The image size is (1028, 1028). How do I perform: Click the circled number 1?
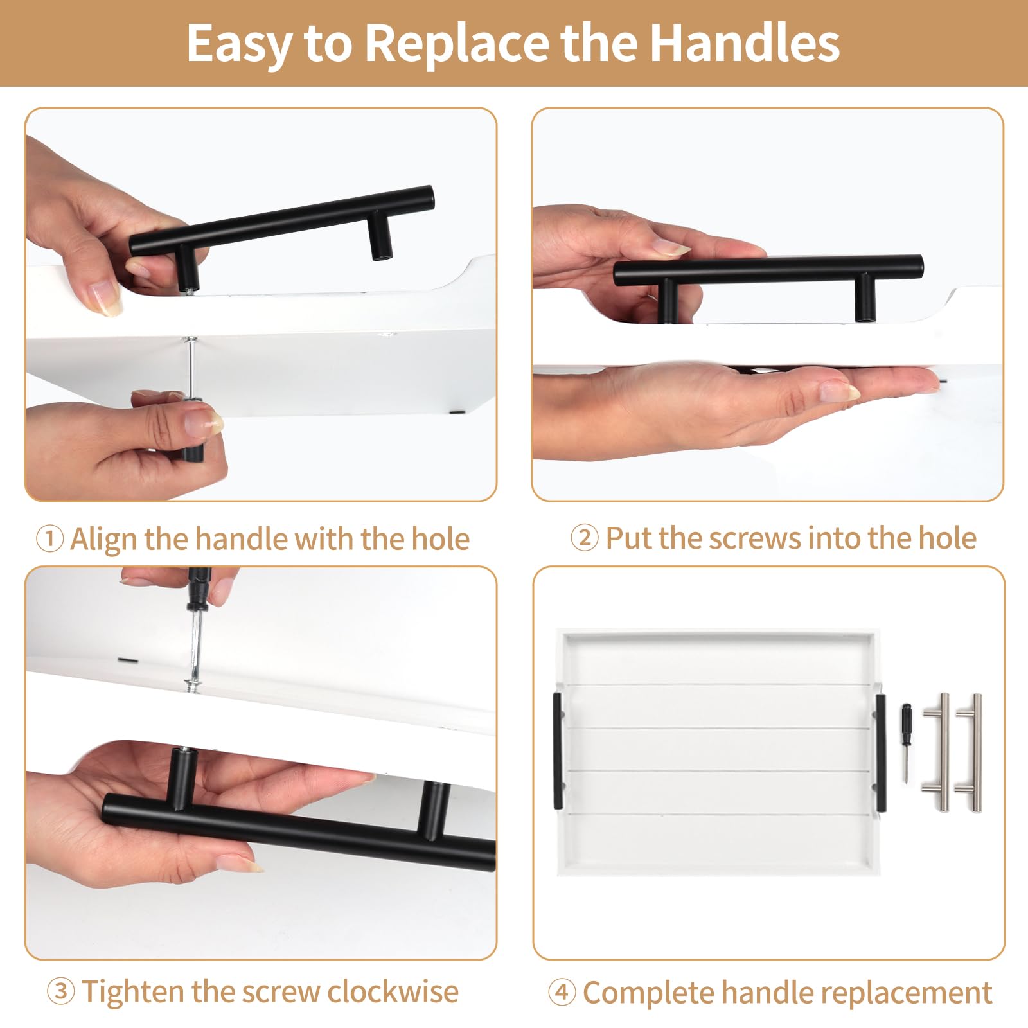[49, 538]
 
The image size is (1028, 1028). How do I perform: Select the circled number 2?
[584, 537]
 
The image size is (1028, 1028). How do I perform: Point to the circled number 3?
[60, 991]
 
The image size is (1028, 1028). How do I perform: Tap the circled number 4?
[562, 992]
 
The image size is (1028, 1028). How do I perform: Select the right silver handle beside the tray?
[971, 752]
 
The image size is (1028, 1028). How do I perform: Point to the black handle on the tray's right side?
[880, 752]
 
